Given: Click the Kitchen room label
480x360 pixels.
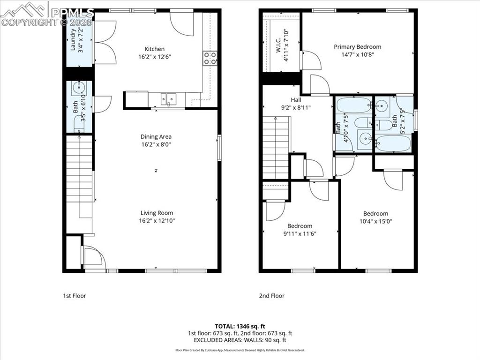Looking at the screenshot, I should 154,49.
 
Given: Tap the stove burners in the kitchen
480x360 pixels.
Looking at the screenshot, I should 210,58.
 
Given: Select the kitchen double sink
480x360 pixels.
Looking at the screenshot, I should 169,99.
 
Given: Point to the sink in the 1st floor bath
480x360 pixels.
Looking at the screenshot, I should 77,88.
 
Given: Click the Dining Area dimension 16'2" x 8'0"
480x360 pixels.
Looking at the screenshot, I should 156,145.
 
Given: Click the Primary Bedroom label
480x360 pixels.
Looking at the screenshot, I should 357,46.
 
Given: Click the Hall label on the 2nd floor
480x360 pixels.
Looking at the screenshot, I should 296,100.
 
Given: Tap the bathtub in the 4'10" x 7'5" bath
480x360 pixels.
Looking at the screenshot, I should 353,105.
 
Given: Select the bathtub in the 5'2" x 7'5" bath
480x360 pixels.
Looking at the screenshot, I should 393,143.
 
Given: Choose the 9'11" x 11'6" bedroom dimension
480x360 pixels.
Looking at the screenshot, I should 300,233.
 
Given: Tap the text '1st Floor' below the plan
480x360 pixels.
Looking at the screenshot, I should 75,296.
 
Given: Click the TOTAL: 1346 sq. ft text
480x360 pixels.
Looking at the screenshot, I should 240,326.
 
